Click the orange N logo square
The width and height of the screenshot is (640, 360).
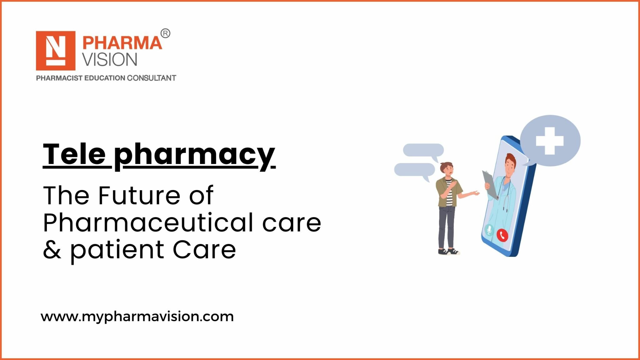(x=56, y=51)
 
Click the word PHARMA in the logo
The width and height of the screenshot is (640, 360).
(x=122, y=43)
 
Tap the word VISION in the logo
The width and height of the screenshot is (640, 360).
(x=110, y=60)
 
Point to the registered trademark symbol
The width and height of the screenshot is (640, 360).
(x=165, y=33)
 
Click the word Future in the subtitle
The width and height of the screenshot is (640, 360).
(x=139, y=195)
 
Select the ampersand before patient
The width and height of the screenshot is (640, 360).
(x=52, y=250)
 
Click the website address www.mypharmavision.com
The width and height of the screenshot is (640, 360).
(x=137, y=317)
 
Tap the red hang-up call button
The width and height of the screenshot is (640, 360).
(x=502, y=235)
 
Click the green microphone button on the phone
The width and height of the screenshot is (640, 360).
(x=489, y=230)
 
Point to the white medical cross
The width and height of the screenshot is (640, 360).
(x=550, y=141)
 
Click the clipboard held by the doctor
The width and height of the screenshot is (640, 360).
(x=490, y=184)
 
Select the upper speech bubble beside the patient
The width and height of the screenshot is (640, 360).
(x=423, y=150)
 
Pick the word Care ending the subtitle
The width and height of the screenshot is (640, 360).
(x=204, y=250)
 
